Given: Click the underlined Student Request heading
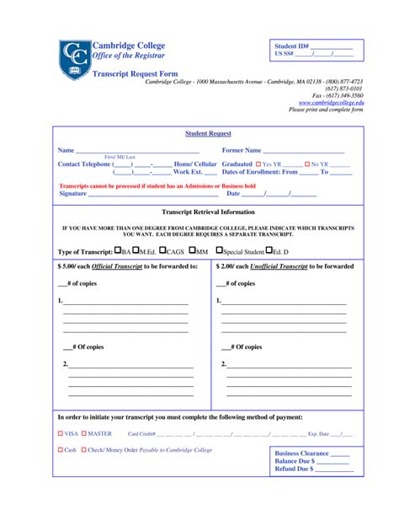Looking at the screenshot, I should tap(208, 133).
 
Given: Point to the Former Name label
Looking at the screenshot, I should tap(242, 150).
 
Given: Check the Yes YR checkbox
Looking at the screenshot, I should tap(258, 164).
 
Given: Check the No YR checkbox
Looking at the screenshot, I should tap(307, 164).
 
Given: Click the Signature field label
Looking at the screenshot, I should tap(72, 193).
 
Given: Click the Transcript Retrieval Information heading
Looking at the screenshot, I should tap(208, 212).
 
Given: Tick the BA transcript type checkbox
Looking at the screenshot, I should tap(117, 250).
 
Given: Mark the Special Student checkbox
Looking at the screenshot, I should tap(220, 250).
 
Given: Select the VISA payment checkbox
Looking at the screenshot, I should tap(61, 433).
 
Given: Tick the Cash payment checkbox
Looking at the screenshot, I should tap(61, 450).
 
